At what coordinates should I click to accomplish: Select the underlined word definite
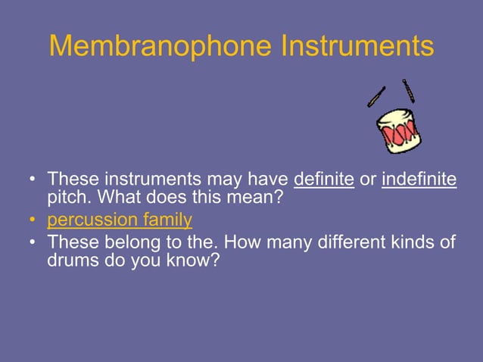pos(323,180)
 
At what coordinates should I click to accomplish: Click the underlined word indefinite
pos(419,180)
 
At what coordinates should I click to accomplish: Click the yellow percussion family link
pos(120,221)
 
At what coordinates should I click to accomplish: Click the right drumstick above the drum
pos(408,91)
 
